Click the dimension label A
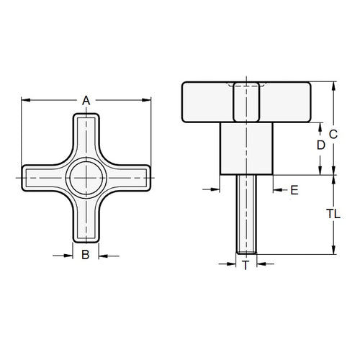[x=86, y=100]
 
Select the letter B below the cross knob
[x=86, y=254]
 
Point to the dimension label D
[x=321, y=145]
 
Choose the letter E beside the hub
[x=294, y=190]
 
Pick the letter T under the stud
[x=246, y=266]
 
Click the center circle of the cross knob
[x=86, y=176]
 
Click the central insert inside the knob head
[x=247, y=102]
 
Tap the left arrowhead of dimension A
[x=26, y=100]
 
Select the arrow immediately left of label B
[x=68, y=254]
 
